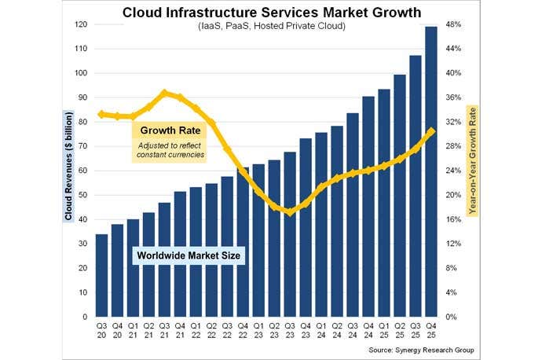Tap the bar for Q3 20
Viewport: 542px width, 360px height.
[102, 275]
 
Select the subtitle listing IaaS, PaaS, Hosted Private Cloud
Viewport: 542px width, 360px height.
[271, 27]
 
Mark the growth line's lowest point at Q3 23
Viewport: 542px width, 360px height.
[290, 211]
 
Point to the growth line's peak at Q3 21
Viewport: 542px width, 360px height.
[164, 93]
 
